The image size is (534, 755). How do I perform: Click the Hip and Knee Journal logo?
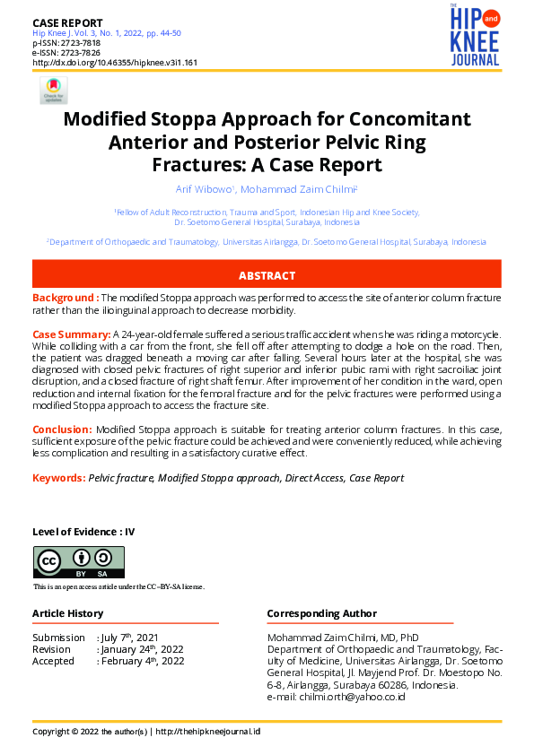click(x=475, y=36)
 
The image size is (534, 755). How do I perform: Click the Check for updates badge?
click(x=53, y=90)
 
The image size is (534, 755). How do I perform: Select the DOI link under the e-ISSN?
click(x=115, y=63)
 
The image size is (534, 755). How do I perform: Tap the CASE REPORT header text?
click(x=67, y=22)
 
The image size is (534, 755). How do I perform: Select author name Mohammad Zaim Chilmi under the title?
click(x=300, y=189)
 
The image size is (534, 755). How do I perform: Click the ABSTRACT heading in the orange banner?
click(x=267, y=275)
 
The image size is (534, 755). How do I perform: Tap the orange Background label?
click(x=65, y=298)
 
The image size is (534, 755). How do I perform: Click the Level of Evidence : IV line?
click(x=83, y=532)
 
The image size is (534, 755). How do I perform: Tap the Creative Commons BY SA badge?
click(x=79, y=562)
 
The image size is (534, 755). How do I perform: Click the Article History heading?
click(x=68, y=613)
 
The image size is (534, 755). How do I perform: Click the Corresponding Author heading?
click(x=321, y=613)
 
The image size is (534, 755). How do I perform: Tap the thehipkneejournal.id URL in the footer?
click(x=207, y=731)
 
